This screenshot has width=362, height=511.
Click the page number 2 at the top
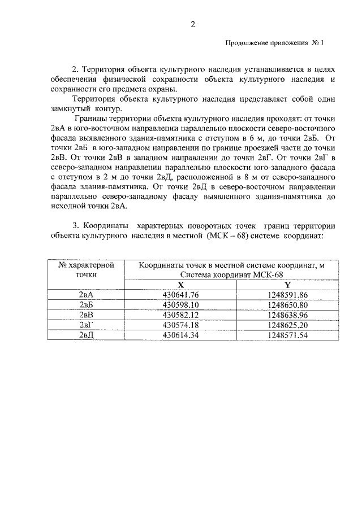pyautogui.click(x=192, y=24)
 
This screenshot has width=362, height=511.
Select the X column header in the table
pyautogui.click(x=181, y=285)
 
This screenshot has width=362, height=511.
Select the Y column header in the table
pyautogui.click(x=287, y=285)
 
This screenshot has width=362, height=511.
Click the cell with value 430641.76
pyautogui.click(x=181, y=295)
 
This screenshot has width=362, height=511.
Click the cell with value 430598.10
pyautogui.click(x=181, y=305)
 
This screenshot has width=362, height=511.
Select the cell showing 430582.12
pyautogui.click(x=181, y=315)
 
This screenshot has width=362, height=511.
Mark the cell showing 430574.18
pyautogui.click(x=181, y=325)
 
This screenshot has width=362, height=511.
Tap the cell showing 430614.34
pyautogui.click(x=181, y=335)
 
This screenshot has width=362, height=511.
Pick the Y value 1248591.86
pyautogui.click(x=287, y=295)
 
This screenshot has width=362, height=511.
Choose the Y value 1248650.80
pyautogui.click(x=287, y=305)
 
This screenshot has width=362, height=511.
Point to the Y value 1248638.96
pyautogui.click(x=287, y=315)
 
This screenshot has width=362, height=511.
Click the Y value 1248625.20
pyautogui.click(x=287, y=325)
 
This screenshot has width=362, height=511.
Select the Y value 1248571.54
pyautogui.click(x=287, y=335)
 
